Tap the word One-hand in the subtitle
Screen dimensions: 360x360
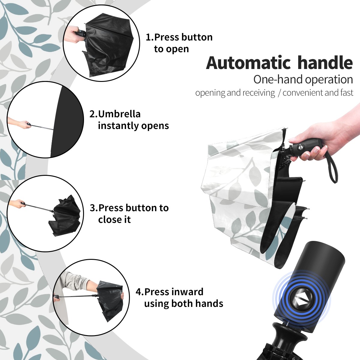click(278, 79)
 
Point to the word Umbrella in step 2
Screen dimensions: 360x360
click(119, 114)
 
